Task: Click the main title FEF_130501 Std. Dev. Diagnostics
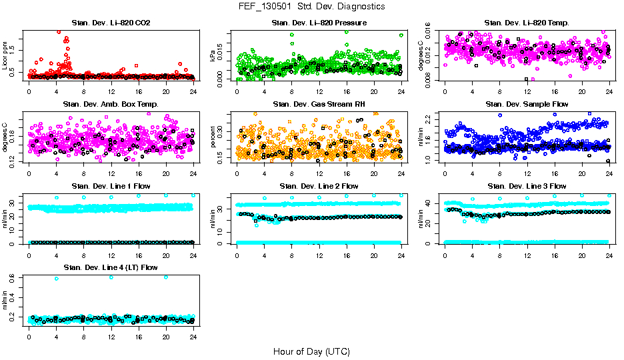pos(311,6)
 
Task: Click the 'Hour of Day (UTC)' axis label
pos(311,351)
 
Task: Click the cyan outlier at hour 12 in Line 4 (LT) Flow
pos(111,277)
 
